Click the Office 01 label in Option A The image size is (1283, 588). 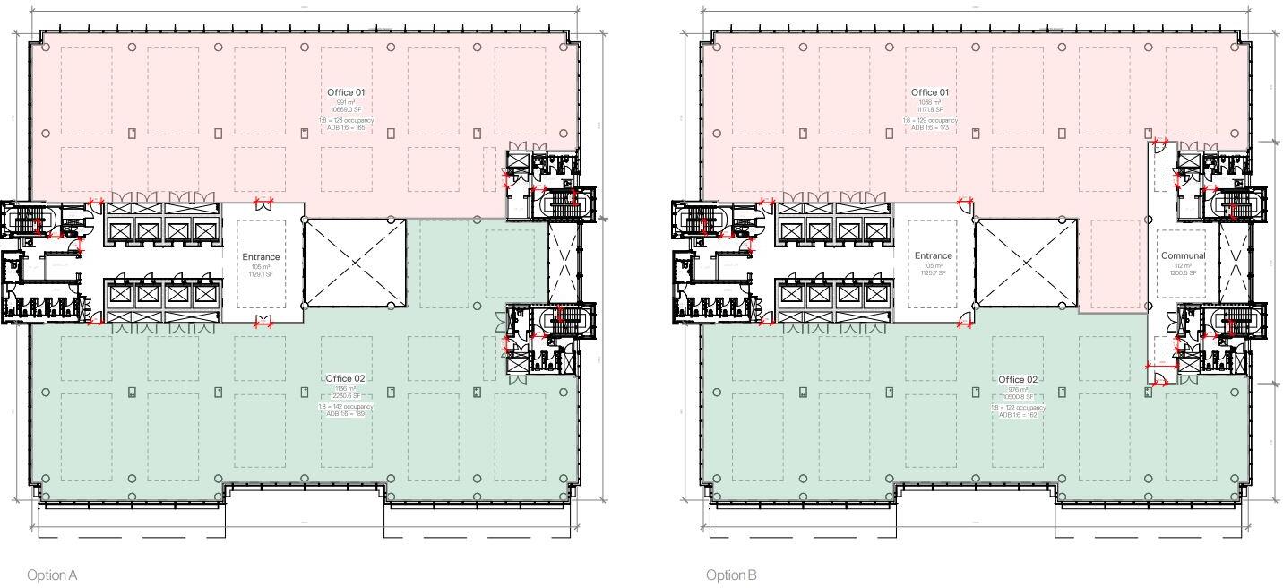(x=346, y=92)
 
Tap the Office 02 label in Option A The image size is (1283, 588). (x=346, y=378)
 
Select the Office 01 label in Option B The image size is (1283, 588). (x=930, y=92)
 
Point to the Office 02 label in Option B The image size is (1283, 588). (x=1018, y=379)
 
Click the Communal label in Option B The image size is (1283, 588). (x=1183, y=255)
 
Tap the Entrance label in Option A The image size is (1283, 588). (x=261, y=257)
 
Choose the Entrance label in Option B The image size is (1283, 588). (x=934, y=255)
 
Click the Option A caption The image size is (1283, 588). (x=52, y=575)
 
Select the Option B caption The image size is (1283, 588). (x=730, y=575)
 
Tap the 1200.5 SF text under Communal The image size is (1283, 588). (x=1183, y=272)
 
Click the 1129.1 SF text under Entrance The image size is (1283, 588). (x=261, y=274)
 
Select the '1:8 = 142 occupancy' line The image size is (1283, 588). (x=346, y=406)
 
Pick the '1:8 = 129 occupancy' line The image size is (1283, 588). (x=930, y=120)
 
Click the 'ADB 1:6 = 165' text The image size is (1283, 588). (x=346, y=128)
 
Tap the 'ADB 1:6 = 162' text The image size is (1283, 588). (x=1018, y=415)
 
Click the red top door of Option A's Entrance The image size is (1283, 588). (x=263, y=204)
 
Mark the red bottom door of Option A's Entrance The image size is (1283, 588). (x=263, y=321)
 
